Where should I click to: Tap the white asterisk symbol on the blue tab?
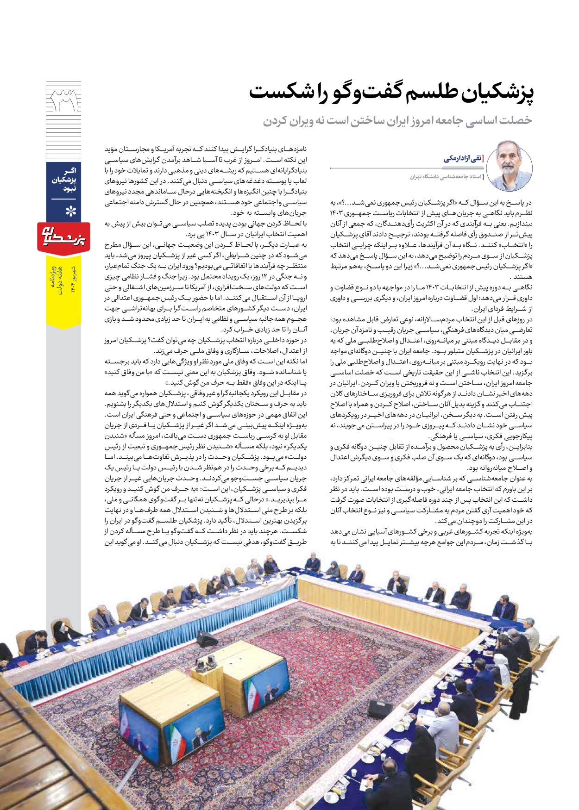click(x=70, y=212)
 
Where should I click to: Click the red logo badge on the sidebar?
click(x=63, y=237)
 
